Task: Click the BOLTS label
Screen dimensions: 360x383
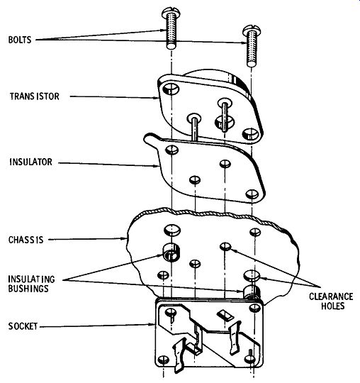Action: pos(20,40)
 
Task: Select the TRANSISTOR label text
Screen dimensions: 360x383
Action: pos(35,96)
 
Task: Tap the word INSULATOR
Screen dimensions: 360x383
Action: pos(30,162)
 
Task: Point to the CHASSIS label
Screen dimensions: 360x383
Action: pos(26,240)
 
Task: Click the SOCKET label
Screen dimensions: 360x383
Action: pos(23,326)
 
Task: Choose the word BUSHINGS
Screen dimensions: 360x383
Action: pos(28,289)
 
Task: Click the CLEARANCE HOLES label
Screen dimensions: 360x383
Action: pos(331,301)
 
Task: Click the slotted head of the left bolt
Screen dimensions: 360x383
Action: pos(170,11)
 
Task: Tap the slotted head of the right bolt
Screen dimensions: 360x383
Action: pos(252,30)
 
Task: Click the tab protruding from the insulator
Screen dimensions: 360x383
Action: pos(152,140)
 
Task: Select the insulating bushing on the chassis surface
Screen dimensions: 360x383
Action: pos(171,252)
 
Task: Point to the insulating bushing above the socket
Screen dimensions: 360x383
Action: pos(252,292)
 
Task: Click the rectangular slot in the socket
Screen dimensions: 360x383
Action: pos(225,315)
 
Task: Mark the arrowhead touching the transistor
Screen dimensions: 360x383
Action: pos(156,98)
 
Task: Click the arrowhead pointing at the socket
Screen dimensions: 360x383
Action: pos(152,324)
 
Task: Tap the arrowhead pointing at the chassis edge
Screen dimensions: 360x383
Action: pos(124,238)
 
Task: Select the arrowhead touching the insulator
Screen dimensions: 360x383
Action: pos(157,166)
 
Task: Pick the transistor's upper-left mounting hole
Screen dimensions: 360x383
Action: pos(171,89)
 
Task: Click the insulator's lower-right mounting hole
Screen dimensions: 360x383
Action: pos(252,194)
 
